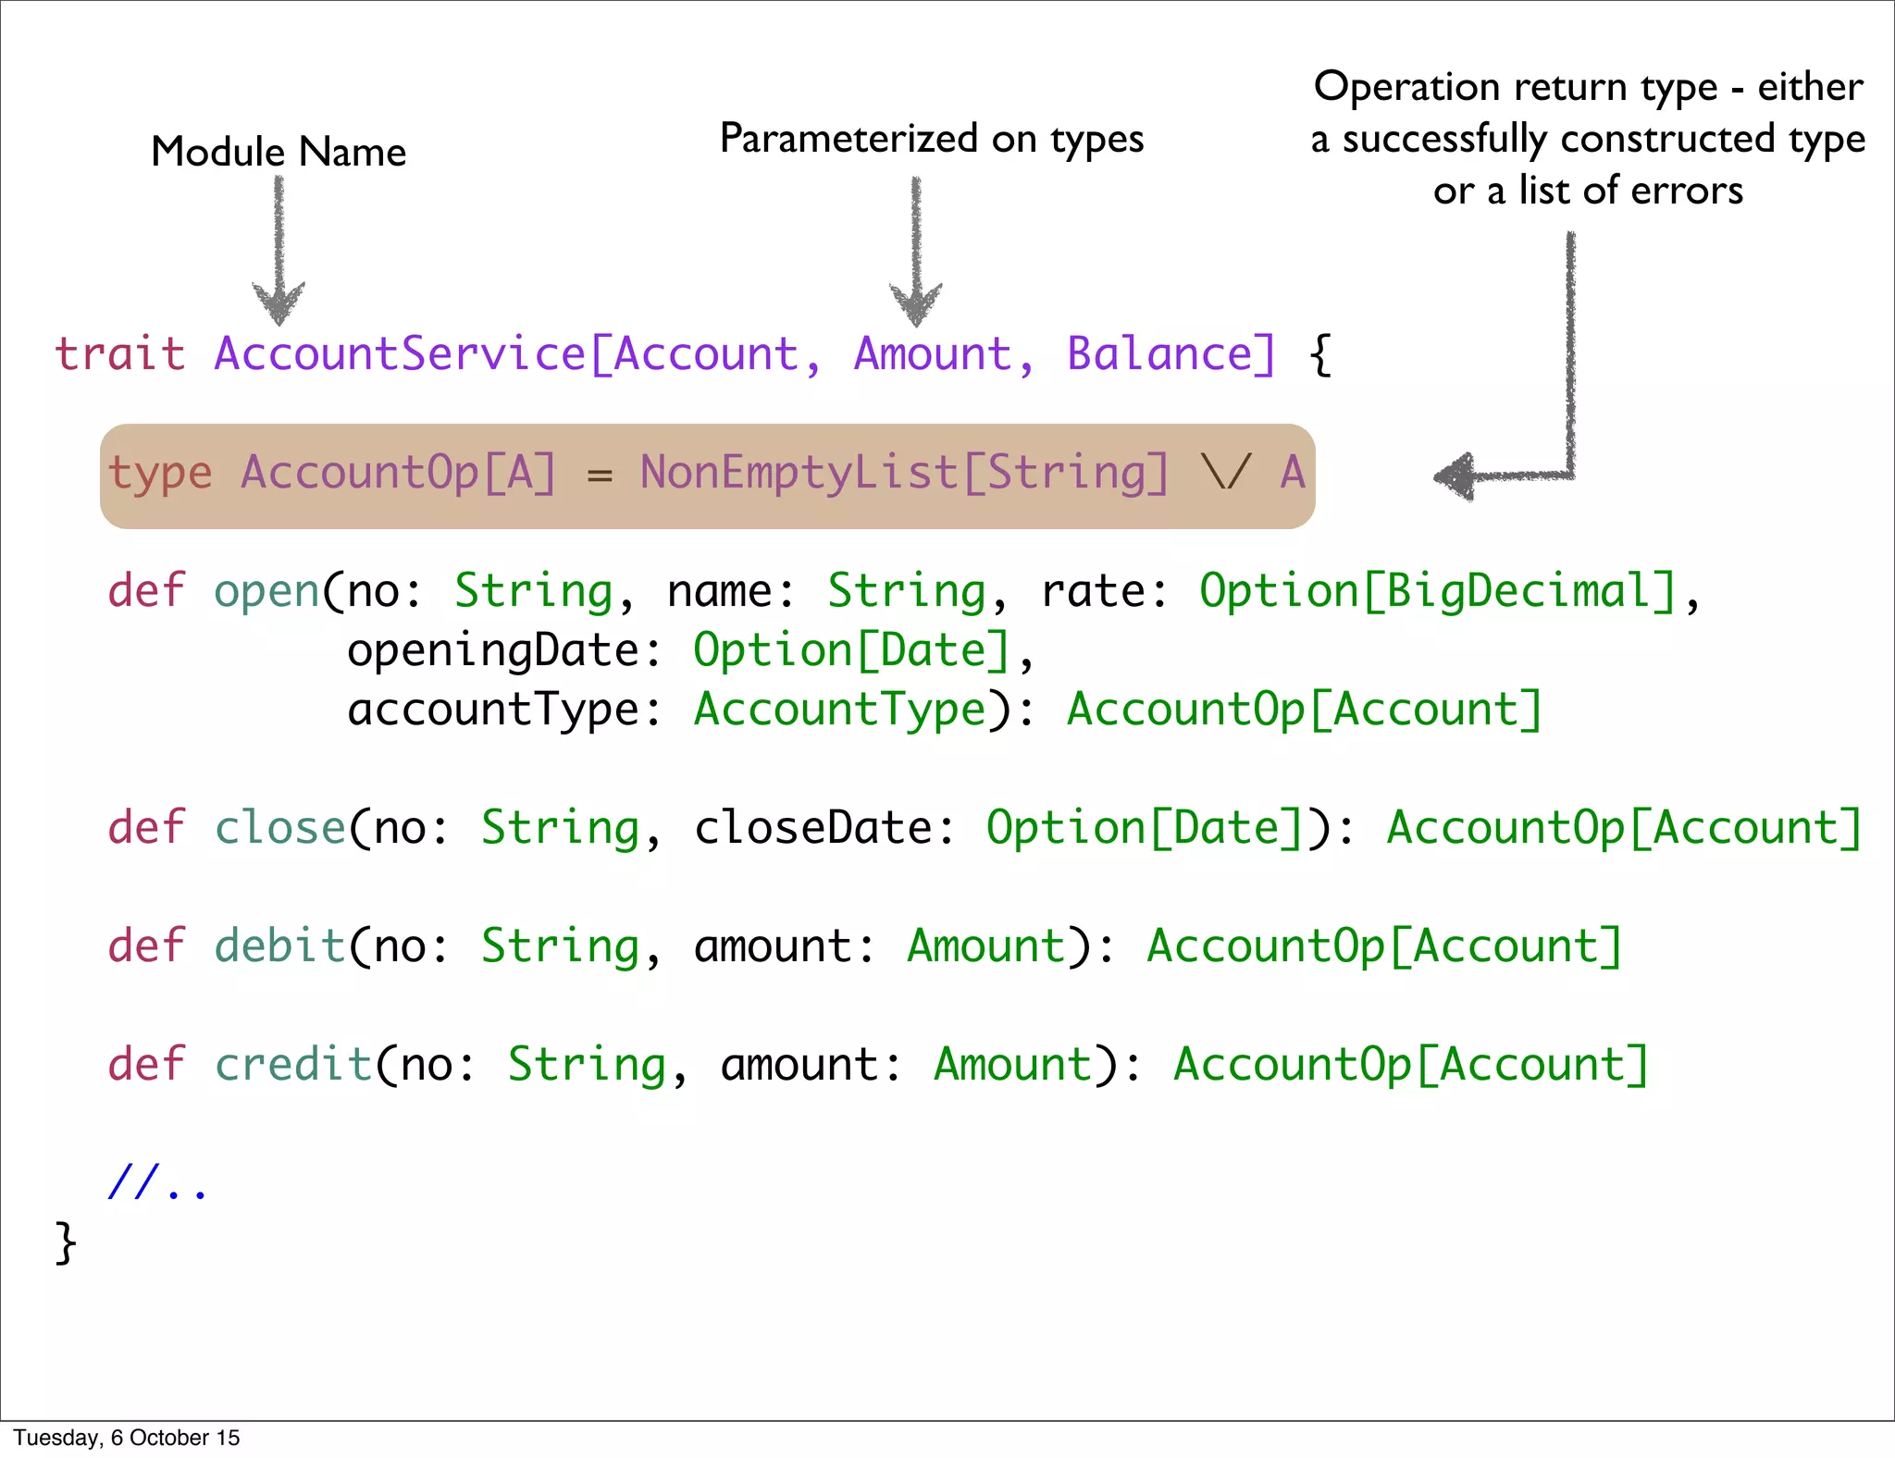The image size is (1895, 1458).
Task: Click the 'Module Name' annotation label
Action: coord(279,152)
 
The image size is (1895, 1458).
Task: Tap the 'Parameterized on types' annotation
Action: coord(932,139)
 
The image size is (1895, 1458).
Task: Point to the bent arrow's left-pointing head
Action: coord(1456,476)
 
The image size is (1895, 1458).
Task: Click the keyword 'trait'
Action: coord(120,354)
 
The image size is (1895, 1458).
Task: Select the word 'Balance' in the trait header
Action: coord(1160,354)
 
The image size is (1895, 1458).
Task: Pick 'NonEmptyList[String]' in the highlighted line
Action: coord(904,473)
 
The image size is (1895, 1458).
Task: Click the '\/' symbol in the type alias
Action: coord(1226,473)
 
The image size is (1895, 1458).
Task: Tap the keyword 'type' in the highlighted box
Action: coord(160,473)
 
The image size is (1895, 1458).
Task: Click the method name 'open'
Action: coord(266,591)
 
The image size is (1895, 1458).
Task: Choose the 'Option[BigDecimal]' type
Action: coord(1438,591)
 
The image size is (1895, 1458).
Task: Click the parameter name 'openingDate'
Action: coord(493,650)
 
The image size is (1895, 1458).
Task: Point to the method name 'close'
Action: coord(279,828)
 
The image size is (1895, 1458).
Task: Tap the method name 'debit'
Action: coord(279,946)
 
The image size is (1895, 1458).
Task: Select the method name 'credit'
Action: coord(293,1065)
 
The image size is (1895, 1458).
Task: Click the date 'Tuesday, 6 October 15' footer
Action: coord(127,1438)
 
